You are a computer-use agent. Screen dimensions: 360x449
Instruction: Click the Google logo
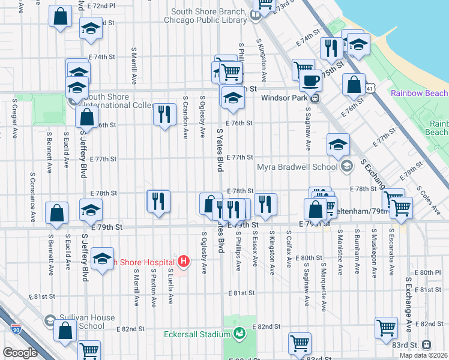pyautogui.click(x=20, y=353)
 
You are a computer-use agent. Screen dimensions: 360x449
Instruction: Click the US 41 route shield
pyautogui.click(x=372, y=88)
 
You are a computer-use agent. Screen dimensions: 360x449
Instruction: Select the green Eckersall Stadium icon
pyautogui.click(x=240, y=332)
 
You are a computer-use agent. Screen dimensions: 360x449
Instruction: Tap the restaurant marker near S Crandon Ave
pyautogui.click(x=164, y=113)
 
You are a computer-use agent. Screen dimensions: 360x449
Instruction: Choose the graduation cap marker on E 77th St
pyautogui.click(x=339, y=145)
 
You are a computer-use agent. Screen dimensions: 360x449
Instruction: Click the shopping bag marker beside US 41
pyautogui.click(x=354, y=85)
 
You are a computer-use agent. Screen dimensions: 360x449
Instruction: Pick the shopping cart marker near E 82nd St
pyautogui.click(x=386, y=328)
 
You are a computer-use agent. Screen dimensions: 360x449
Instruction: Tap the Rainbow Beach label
pyautogui.click(x=419, y=93)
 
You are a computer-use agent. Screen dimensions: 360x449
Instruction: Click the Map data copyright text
pyautogui.click(x=423, y=355)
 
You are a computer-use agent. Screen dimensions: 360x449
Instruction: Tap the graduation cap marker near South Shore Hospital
pyautogui.click(x=102, y=259)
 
